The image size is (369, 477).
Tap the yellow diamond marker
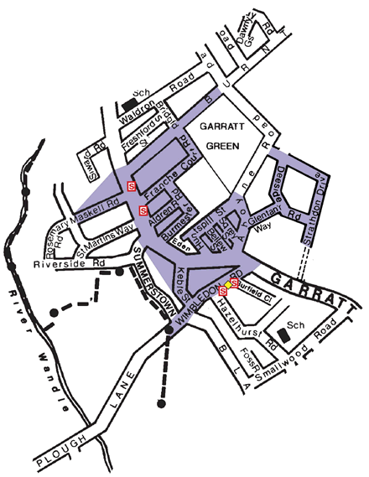pos(228,284)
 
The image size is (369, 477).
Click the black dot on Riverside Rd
pos(120,272)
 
